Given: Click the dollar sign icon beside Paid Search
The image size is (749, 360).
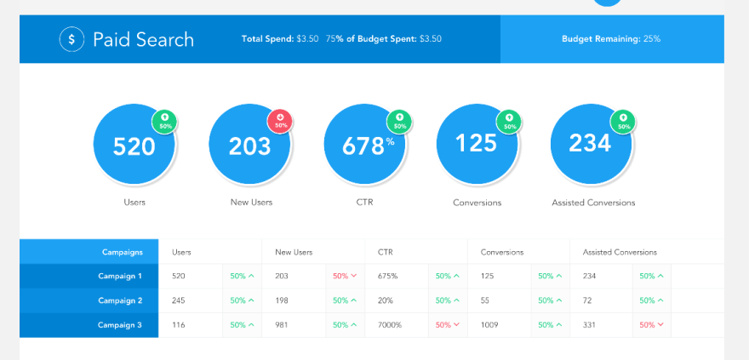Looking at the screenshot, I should click(x=72, y=39).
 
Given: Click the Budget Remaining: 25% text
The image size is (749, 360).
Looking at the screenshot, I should click(x=610, y=39).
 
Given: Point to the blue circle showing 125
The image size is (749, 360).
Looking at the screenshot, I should click(x=477, y=143).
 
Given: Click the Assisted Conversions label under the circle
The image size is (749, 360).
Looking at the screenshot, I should click(x=593, y=203).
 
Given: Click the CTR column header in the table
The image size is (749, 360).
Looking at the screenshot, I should click(x=385, y=252).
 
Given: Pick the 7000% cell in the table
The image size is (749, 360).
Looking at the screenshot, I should click(x=392, y=324).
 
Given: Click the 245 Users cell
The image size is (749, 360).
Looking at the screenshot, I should click(x=180, y=300).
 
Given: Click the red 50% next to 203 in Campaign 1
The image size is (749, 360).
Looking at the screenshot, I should click(x=344, y=276).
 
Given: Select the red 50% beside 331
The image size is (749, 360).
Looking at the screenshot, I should click(x=651, y=324).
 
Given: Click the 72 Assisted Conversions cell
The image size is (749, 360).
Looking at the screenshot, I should click(x=587, y=300).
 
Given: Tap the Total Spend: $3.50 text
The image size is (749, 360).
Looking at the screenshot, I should click(x=279, y=39).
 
